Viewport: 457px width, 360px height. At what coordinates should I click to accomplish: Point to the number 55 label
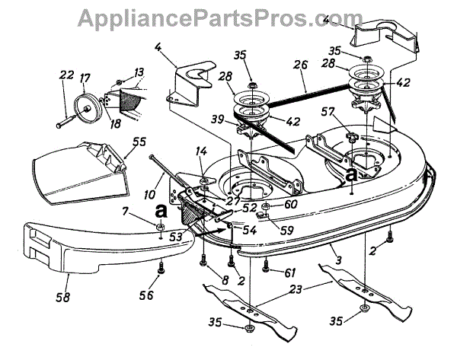coord(139,142)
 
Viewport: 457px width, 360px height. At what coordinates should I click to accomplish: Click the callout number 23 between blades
coord(296,288)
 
